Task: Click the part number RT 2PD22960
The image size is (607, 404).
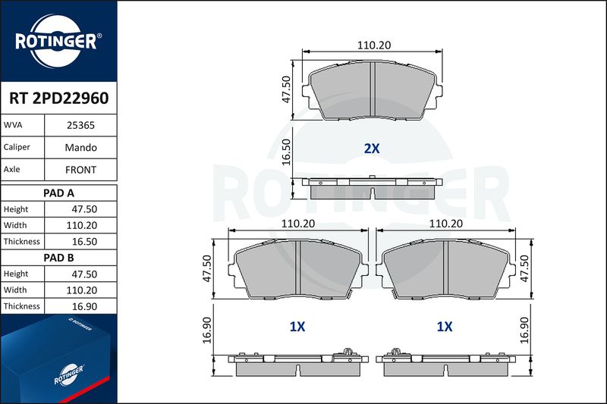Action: [x=59, y=99]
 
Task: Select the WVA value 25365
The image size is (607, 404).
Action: [x=80, y=125]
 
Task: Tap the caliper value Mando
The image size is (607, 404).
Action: [x=80, y=147]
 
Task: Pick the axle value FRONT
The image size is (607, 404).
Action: [x=80, y=170]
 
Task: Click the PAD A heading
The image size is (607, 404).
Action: [x=58, y=193]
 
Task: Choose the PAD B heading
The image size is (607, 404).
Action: [x=58, y=258]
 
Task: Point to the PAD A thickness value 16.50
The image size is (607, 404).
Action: [x=84, y=242]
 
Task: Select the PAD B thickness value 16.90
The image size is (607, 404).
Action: [x=84, y=306]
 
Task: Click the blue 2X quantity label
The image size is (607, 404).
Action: [x=372, y=149]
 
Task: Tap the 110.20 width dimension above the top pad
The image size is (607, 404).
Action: [x=374, y=45]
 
